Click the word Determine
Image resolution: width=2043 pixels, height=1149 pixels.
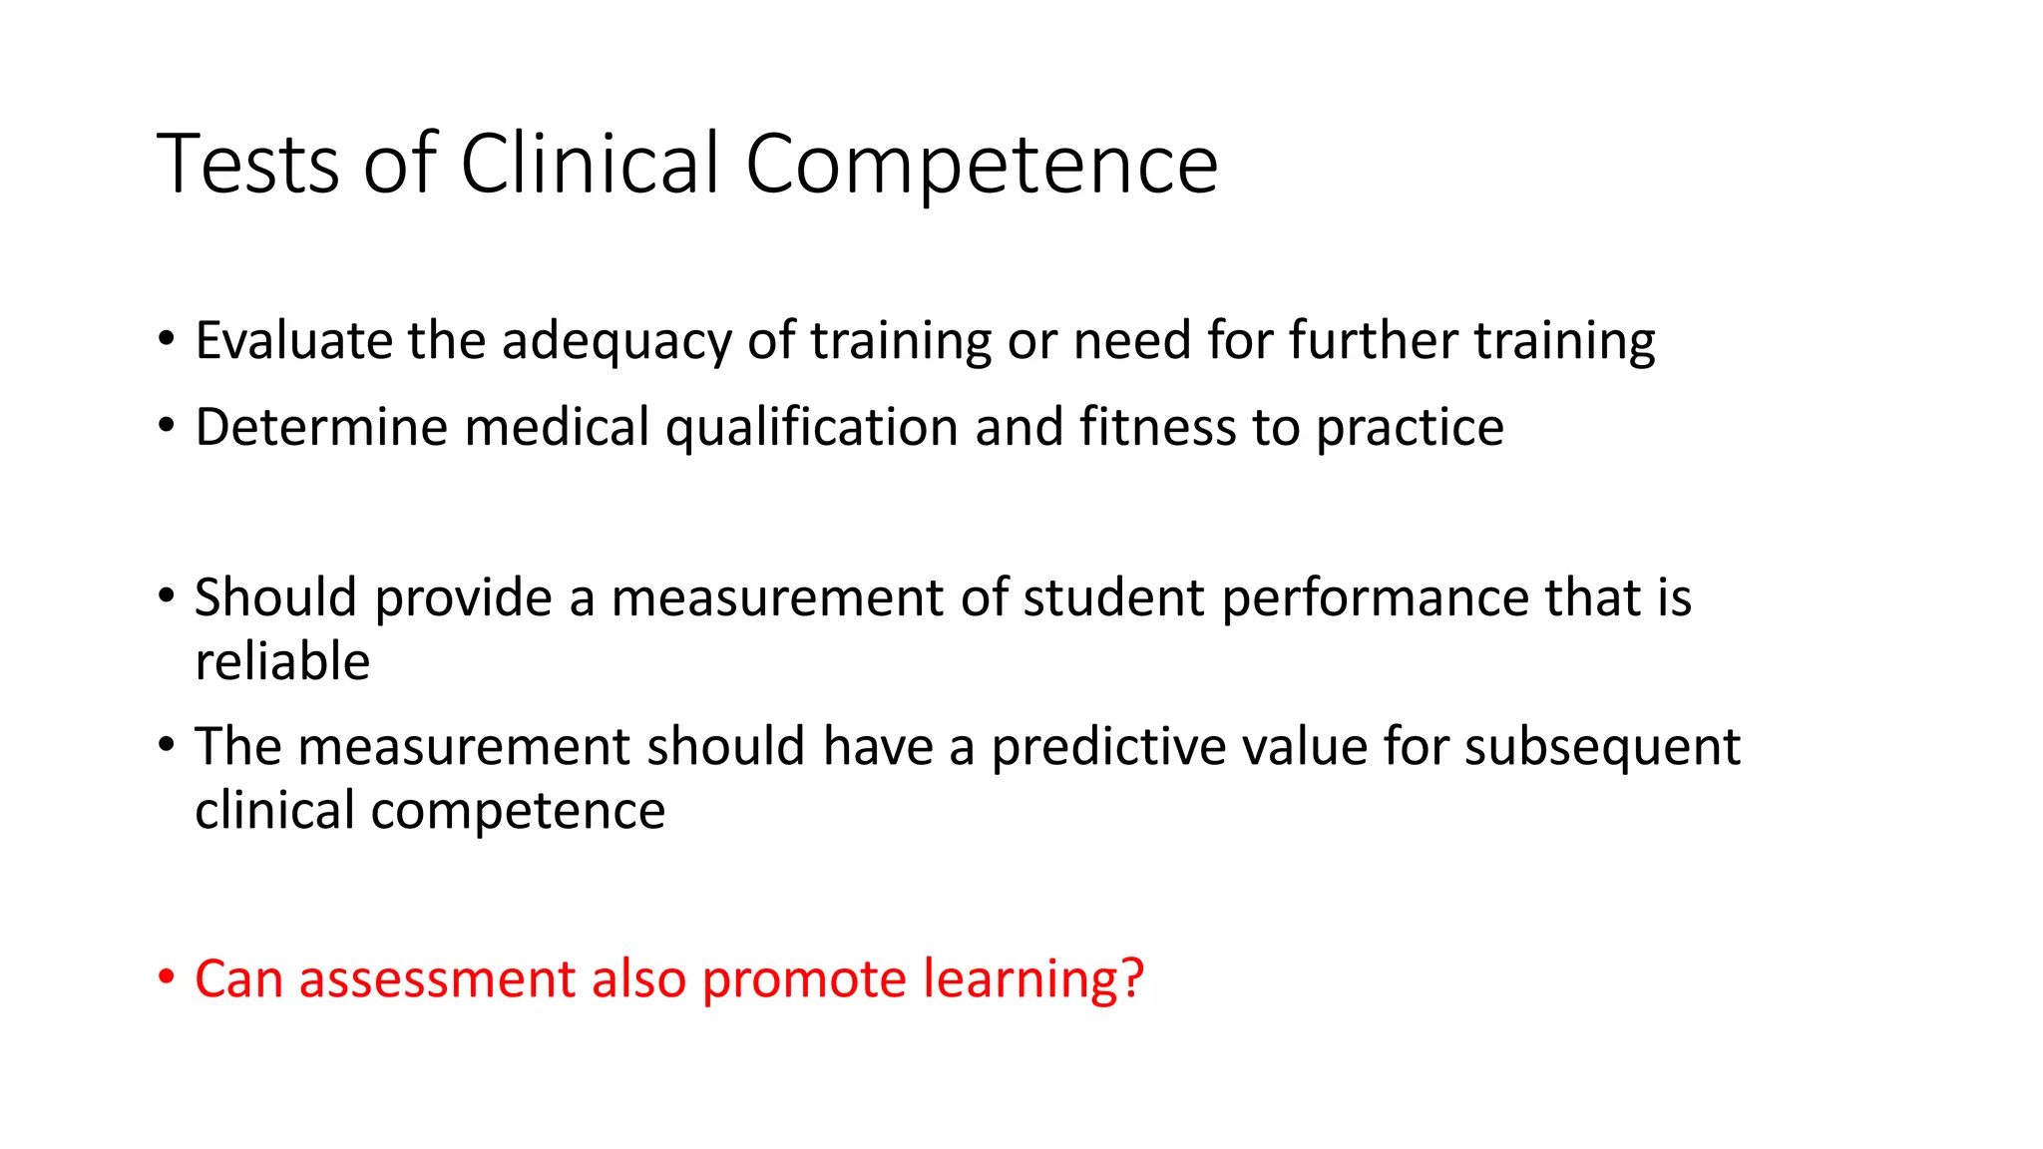point(321,427)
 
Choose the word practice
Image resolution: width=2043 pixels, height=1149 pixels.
point(1410,427)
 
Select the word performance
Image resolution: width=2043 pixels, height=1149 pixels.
point(1374,597)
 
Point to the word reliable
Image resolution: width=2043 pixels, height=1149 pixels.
point(282,661)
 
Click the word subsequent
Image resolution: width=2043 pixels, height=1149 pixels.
point(1602,746)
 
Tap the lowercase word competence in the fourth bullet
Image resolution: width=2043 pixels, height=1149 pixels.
point(518,810)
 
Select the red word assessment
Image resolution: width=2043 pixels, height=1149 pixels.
point(437,978)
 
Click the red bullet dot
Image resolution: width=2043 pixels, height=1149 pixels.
point(167,975)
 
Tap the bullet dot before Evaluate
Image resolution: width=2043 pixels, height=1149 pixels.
point(167,338)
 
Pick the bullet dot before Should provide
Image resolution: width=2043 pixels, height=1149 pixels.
point(167,595)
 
